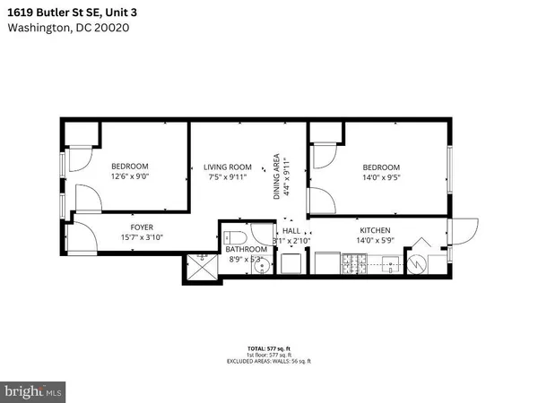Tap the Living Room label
pos(227,167)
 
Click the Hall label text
pos(292,230)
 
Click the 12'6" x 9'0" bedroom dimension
pos(130,177)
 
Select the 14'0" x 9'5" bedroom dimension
pos(381,178)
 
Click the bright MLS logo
pos(34,390)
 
